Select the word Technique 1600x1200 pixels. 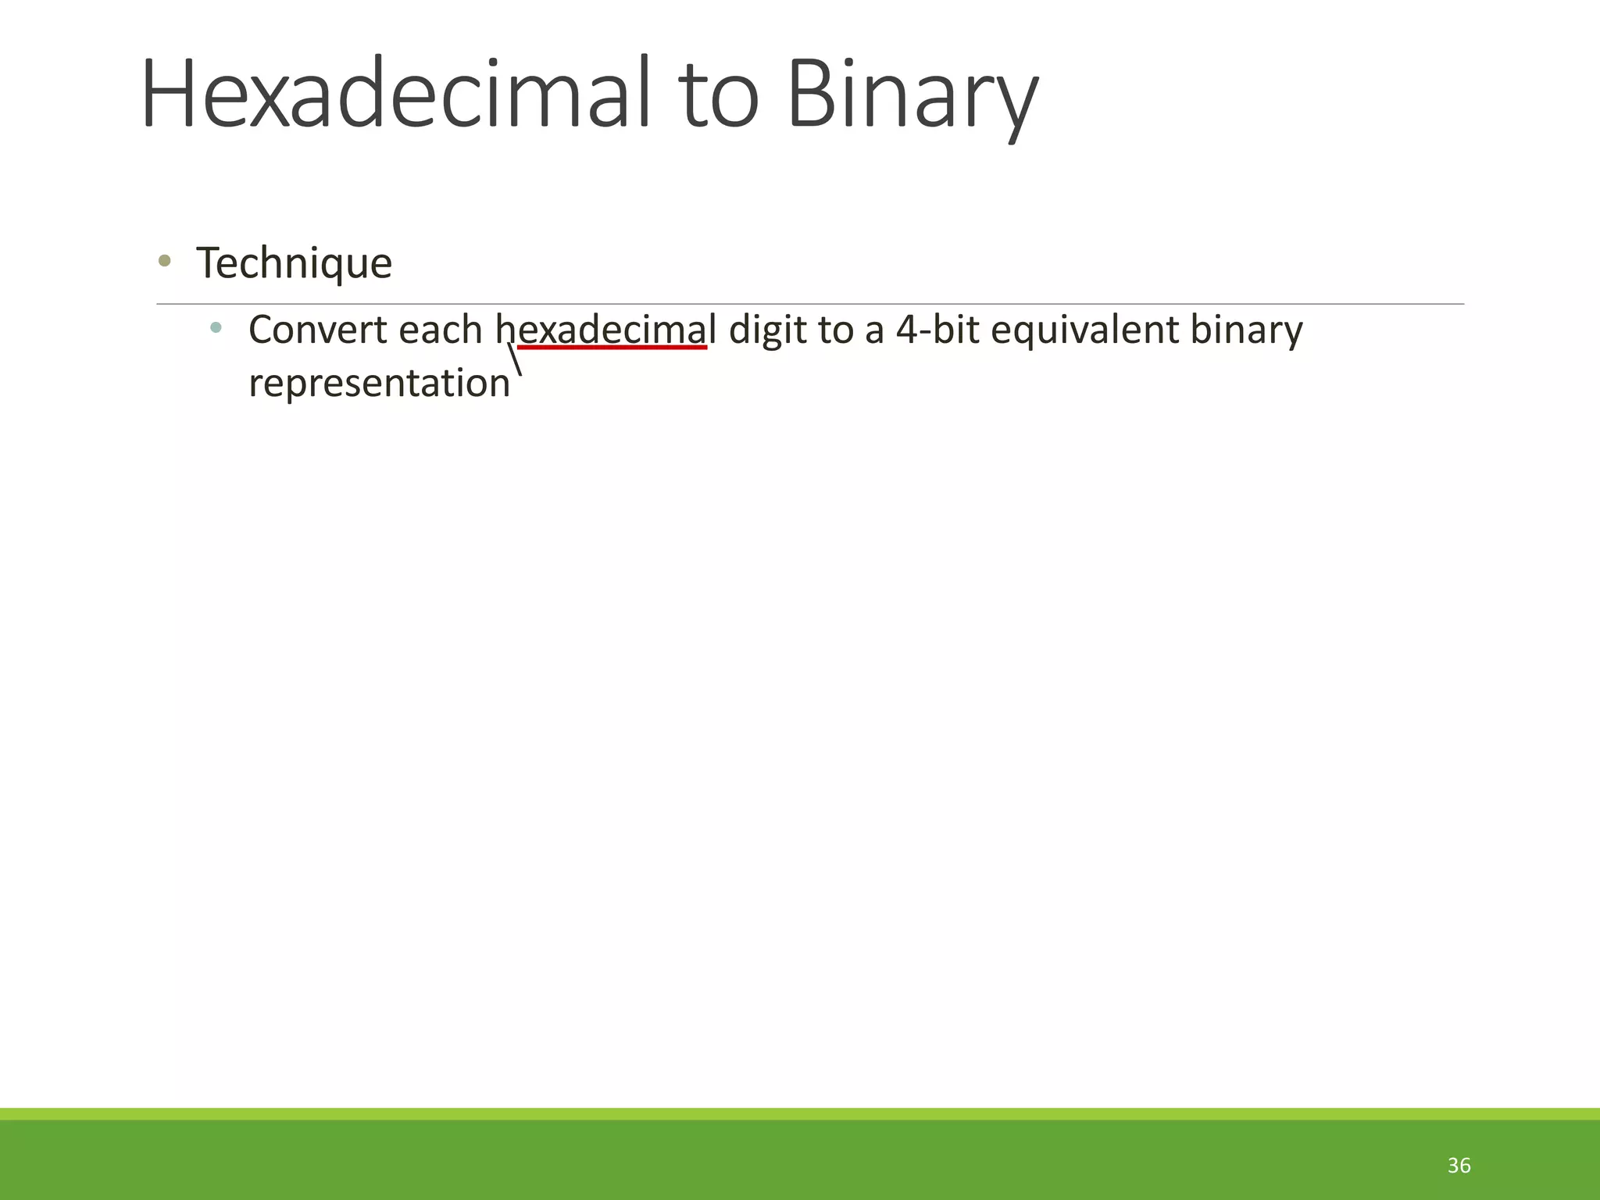coord(294,262)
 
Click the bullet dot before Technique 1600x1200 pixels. coord(164,261)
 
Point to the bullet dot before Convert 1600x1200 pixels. coord(216,327)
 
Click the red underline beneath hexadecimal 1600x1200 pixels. coord(612,347)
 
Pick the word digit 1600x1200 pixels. coord(767,329)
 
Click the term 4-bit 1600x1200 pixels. coord(937,329)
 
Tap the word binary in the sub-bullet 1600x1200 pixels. coord(1246,329)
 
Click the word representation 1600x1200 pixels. coord(379,383)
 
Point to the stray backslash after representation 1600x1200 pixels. coord(515,360)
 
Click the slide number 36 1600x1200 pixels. coord(1459,1166)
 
